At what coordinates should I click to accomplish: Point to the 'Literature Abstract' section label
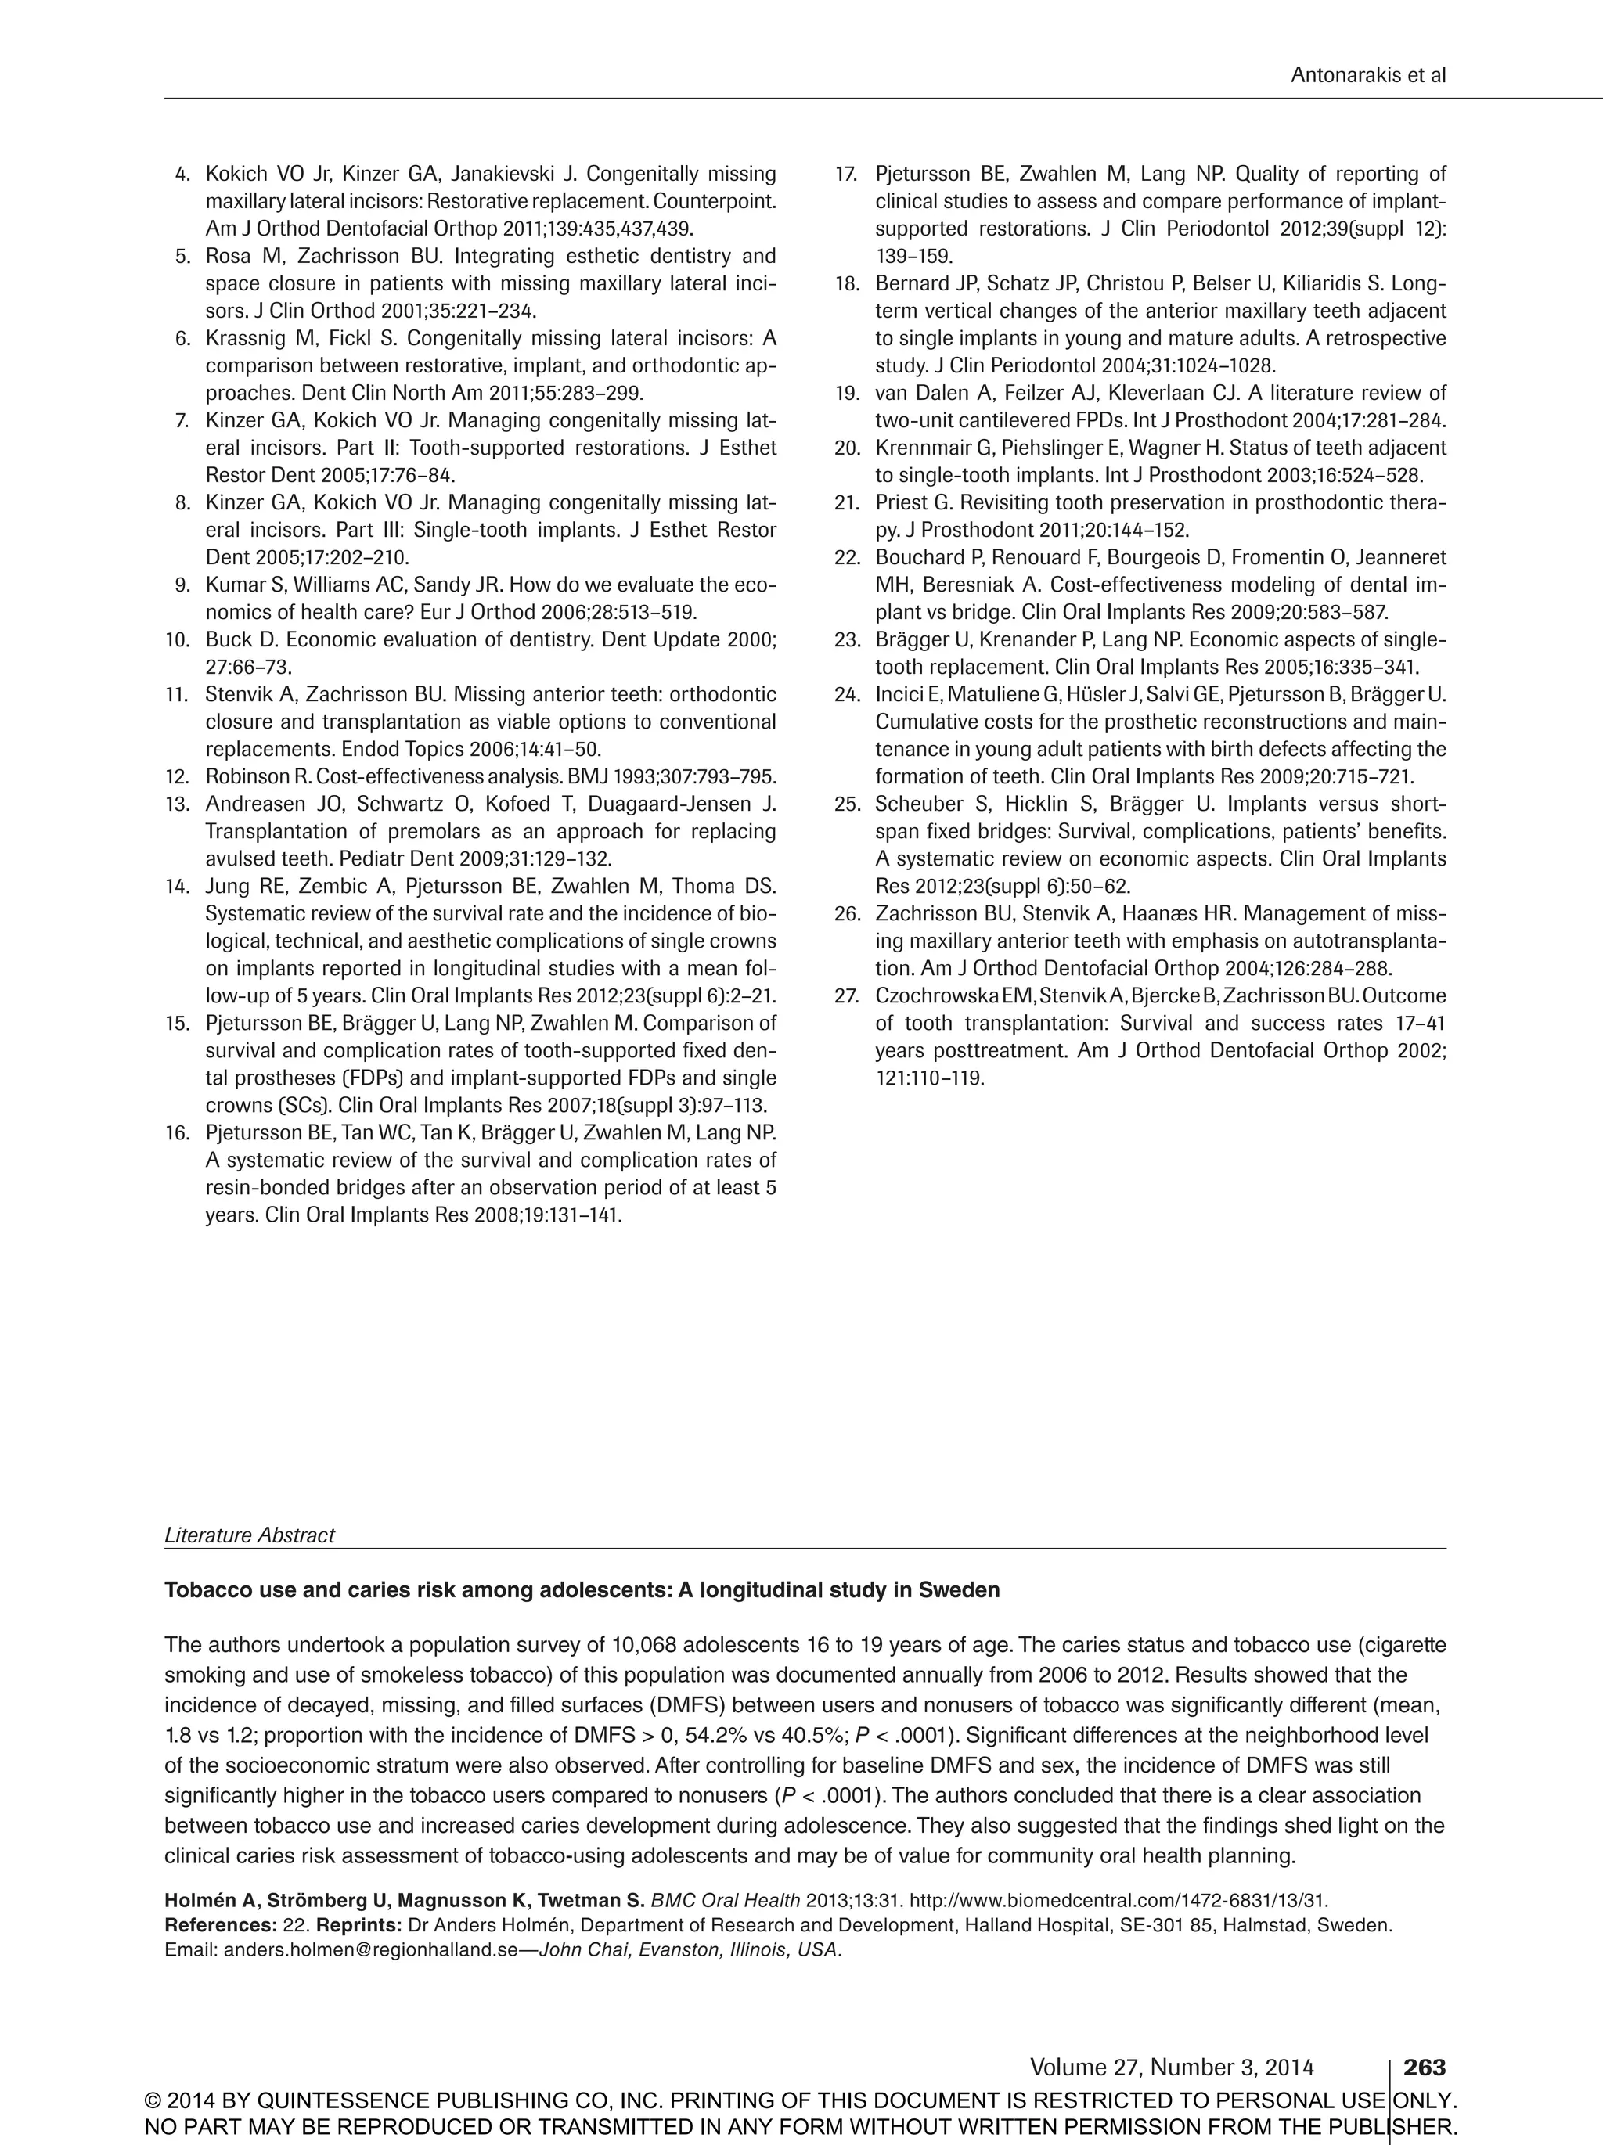(x=249, y=1535)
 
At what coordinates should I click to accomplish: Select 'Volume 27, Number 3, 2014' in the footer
(x=1172, y=2068)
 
